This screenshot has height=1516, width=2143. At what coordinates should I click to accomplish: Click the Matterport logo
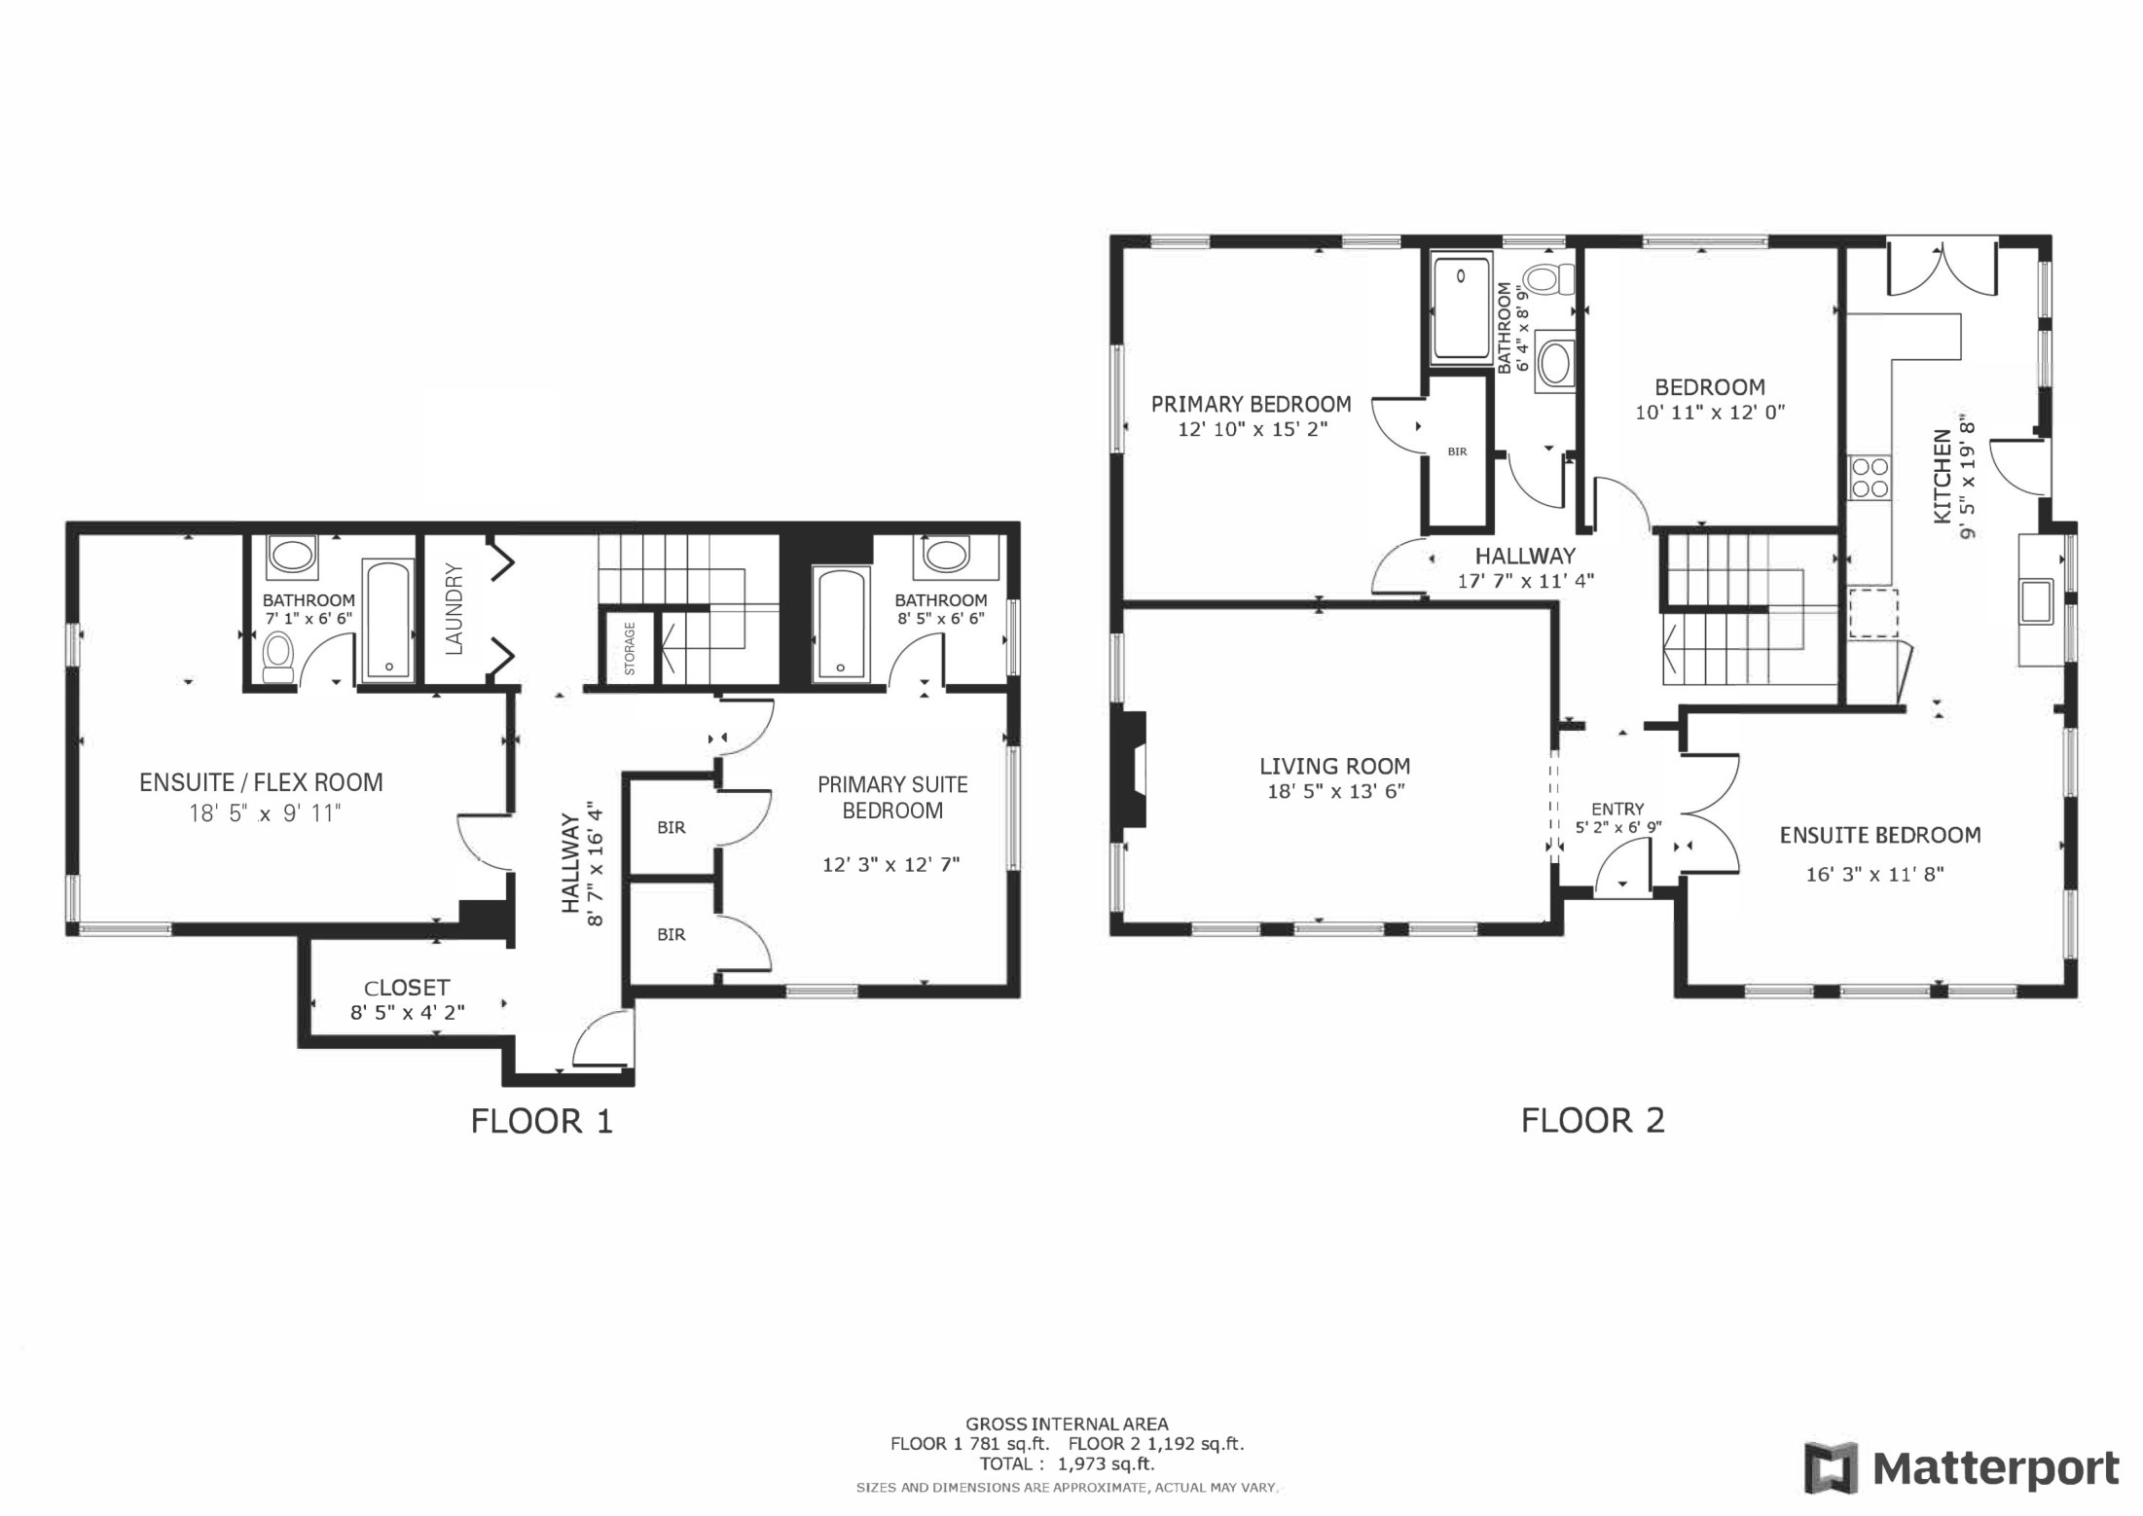click(x=1961, y=1468)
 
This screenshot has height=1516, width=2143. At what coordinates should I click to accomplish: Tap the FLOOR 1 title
click(x=542, y=1122)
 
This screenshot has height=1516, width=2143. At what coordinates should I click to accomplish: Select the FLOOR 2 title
click(x=1593, y=1121)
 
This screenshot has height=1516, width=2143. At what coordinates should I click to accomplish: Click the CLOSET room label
click(x=407, y=988)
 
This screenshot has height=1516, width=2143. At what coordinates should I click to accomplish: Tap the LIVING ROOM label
click(x=1334, y=767)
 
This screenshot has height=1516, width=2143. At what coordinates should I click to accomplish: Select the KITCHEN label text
click(x=1942, y=477)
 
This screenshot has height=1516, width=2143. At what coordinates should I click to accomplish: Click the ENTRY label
click(x=1617, y=809)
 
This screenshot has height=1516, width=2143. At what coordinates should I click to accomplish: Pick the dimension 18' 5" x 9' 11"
click(x=265, y=812)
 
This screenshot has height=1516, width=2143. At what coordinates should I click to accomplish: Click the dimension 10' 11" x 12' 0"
click(x=1710, y=412)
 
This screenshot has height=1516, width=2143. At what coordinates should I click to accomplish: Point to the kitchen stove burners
click(x=1869, y=477)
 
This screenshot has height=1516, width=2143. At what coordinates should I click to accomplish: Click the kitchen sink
click(x=2036, y=600)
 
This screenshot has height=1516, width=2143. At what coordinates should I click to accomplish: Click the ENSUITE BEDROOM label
click(x=1879, y=835)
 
